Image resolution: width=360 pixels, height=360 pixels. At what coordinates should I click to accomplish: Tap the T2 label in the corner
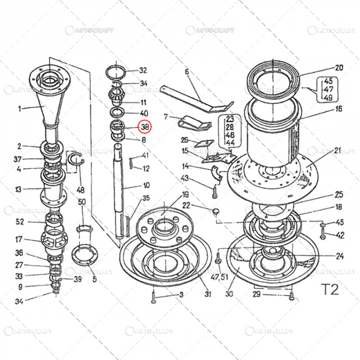tap(330, 289)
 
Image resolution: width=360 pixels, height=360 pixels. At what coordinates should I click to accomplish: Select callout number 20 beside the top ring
tap(338, 67)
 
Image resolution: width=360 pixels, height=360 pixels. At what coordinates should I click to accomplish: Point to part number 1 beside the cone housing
tap(20, 109)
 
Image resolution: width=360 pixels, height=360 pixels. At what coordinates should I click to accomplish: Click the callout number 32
tap(143, 70)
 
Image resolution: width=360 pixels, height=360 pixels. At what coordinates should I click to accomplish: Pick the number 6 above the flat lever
tap(187, 71)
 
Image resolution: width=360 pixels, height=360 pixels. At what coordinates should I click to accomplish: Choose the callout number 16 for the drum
tap(338, 109)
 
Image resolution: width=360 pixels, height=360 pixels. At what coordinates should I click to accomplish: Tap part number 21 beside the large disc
tap(337, 150)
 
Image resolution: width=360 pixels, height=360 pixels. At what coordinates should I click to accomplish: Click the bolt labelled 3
tap(154, 296)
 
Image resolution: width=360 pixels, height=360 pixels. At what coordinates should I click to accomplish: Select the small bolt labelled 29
tap(291, 295)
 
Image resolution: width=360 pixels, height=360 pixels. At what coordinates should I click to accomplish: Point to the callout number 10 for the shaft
tap(147, 185)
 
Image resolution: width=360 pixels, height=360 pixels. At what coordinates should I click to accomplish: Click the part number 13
tap(19, 189)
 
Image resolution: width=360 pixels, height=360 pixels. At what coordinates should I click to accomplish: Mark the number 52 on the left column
tap(20, 222)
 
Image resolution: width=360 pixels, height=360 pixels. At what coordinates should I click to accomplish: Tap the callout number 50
tap(82, 202)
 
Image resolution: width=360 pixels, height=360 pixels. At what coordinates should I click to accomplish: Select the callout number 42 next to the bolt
tap(340, 235)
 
